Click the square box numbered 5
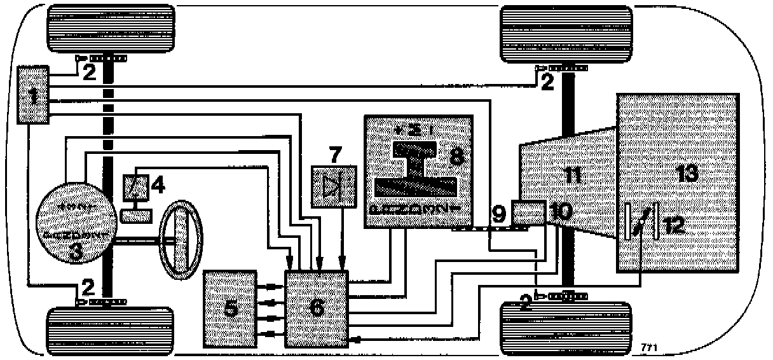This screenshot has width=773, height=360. click(x=229, y=308)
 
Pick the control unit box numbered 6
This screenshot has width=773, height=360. click(x=316, y=308)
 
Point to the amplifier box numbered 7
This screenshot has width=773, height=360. click(x=333, y=186)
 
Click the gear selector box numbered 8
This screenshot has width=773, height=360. click(x=420, y=170)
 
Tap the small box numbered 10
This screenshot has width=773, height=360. click(x=528, y=212)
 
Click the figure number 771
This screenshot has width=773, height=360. click(x=649, y=347)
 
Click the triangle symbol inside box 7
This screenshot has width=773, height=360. click(x=332, y=186)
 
